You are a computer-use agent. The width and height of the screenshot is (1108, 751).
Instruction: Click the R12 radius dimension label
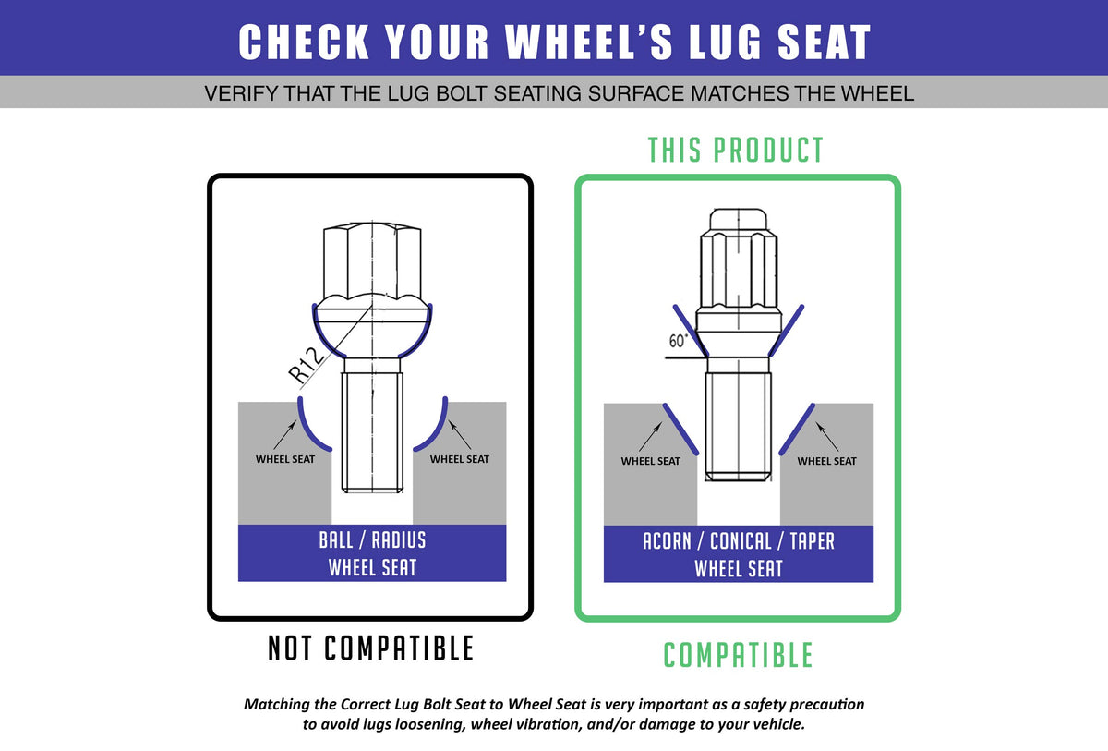[x=307, y=366]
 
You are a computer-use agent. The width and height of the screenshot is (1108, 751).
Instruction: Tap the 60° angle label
[x=678, y=340]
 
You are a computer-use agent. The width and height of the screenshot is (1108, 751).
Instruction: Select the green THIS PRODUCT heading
[x=736, y=150]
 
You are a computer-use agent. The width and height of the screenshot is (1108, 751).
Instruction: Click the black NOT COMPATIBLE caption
[x=371, y=648]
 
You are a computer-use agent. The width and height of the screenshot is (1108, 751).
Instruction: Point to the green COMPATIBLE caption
[x=738, y=655]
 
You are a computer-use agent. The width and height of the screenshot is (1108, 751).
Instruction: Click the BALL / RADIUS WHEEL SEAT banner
[x=372, y=553]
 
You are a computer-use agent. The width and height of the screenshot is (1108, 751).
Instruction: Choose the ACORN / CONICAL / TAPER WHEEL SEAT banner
[x=739, y=554]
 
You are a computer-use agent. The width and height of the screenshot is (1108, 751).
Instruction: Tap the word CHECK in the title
[x=304, y=42]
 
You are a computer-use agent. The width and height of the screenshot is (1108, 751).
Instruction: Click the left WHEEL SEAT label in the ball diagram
[x=285, y=460]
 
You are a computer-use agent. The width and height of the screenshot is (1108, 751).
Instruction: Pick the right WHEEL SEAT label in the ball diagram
[x=460, y=460]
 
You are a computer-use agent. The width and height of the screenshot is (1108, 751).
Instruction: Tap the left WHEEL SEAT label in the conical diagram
[x=650, y=461]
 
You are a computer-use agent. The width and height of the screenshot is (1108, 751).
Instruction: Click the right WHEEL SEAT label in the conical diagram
[x=826, y=461]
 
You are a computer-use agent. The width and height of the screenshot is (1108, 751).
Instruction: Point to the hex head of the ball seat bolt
[x=372, y=261]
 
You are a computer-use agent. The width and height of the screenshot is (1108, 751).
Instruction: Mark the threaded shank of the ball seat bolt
[x=372, y=432]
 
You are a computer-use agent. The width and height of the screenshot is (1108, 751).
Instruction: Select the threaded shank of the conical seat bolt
[x=738, y=427]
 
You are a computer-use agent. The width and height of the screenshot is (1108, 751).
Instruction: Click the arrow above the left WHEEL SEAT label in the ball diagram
[x=285, y=435]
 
